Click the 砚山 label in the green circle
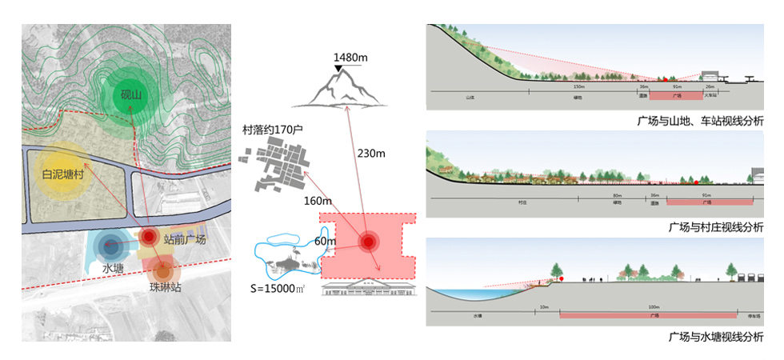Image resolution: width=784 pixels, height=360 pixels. click(x=130, y=96)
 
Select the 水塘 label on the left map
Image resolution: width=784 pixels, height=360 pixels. click(x=112, y=267)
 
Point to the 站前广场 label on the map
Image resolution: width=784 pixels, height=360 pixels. click(x=184, y=239)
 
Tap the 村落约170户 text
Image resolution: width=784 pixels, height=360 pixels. click(x=280, y=129)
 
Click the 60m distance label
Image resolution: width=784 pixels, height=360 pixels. click(x=325, y=241)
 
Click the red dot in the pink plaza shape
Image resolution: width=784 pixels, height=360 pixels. click(x=368, y=242)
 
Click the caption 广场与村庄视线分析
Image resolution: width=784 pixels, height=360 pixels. click(x=715, y=227)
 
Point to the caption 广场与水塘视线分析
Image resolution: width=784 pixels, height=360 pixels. click(x=715, y=337)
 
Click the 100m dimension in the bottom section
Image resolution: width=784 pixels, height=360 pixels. click(x=654, y=307)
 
